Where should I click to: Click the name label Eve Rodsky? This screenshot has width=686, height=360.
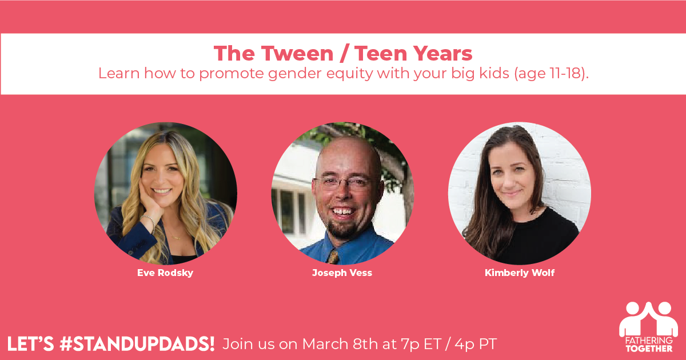tap(165, 273)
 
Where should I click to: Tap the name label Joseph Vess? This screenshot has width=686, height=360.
tap(342, 273)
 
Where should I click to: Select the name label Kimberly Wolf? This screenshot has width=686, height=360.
tap(520, 273)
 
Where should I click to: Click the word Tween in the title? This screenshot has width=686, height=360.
tap(297, 54)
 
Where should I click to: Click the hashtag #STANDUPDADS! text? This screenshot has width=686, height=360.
tap(137, 344)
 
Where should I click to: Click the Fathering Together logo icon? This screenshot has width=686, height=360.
tap(648, 319)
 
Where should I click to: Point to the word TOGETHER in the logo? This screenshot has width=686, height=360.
tap(649, 349)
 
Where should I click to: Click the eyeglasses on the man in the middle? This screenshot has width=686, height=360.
tap(346, 182)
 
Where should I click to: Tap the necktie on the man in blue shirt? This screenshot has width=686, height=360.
tap(333, 257)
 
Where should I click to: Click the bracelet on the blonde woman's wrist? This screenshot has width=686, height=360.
tap(149, 222)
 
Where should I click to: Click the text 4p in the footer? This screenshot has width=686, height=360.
tap(465, 345)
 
